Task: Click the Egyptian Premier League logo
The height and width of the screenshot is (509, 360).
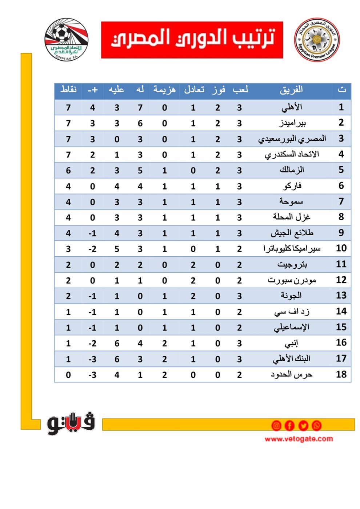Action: pos(317,40)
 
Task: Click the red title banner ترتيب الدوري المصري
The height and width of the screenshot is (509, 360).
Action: pos(192,40)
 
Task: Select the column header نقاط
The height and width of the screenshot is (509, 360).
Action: pos(68,89)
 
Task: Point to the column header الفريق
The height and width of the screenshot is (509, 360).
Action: pos(291,89)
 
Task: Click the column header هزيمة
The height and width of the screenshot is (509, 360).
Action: pos(164,89)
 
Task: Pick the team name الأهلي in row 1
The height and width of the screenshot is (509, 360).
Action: pos(292,107)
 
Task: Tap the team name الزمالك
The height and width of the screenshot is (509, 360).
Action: pos(292,170)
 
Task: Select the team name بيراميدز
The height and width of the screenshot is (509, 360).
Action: pos(292,123)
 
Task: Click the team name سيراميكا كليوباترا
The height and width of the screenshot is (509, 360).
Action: pos(292,249)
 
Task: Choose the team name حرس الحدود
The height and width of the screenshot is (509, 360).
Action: pos(292,374)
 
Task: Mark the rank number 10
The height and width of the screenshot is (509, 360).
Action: pos(341,249)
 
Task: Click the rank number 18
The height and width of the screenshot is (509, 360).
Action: pos(341,374)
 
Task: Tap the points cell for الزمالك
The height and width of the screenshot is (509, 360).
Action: pos(68,171)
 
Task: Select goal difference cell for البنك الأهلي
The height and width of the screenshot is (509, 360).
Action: pos(92,359)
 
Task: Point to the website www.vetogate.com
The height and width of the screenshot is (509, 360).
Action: pos(299,439)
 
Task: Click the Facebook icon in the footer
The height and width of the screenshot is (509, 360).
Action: pos(289,425)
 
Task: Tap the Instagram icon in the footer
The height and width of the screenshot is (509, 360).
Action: pos(276,425)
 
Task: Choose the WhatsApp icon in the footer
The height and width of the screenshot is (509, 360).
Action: pos(316,425)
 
